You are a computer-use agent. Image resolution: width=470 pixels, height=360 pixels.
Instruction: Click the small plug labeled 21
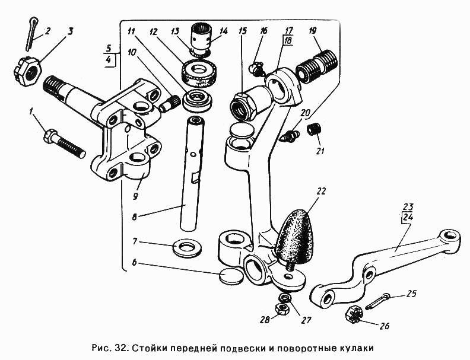[x=313, y=129]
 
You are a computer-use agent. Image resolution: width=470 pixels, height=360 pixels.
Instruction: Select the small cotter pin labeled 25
[x=378, y=301]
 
